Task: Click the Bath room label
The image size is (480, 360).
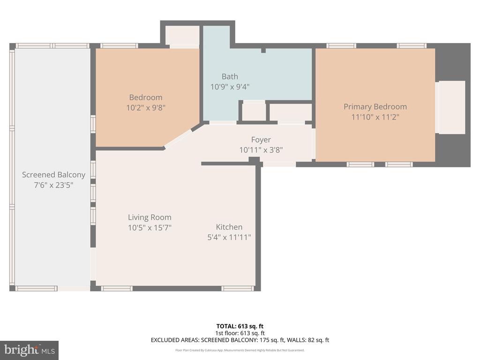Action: tap(230, 76)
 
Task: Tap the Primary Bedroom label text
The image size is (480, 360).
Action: tap(375, 106)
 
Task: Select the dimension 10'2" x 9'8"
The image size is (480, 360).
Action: tap(146, 107)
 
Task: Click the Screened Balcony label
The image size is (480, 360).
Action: tap(53, 175)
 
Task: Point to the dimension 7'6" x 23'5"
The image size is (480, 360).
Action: tap(53, 185)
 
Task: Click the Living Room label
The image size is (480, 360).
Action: tap(150, 217)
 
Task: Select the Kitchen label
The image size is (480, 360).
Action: tap(229, 227)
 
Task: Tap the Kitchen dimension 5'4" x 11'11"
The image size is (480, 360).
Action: tap(229, 237)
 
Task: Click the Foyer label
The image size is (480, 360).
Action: tap(261, 140)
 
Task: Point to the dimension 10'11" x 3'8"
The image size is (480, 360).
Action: tap(261, 150)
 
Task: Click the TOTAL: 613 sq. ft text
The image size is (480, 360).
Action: tap(240, 326)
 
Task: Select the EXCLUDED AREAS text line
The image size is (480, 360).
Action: tap(240, 340)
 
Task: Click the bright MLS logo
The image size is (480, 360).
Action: tap(29, 350)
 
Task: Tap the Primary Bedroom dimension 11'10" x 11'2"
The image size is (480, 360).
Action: tap(375, 117)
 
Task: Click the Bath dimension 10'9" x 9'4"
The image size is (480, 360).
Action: tap(230, 87)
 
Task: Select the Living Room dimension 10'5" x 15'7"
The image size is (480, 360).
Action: tap(150, 228)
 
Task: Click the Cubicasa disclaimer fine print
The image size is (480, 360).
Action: tap(240, 350)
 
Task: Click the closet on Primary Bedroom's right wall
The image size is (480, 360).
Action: tap(451, 107)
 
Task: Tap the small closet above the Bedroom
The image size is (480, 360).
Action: tap(182, 36)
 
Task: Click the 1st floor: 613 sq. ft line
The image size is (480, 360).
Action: tap(240, 333)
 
